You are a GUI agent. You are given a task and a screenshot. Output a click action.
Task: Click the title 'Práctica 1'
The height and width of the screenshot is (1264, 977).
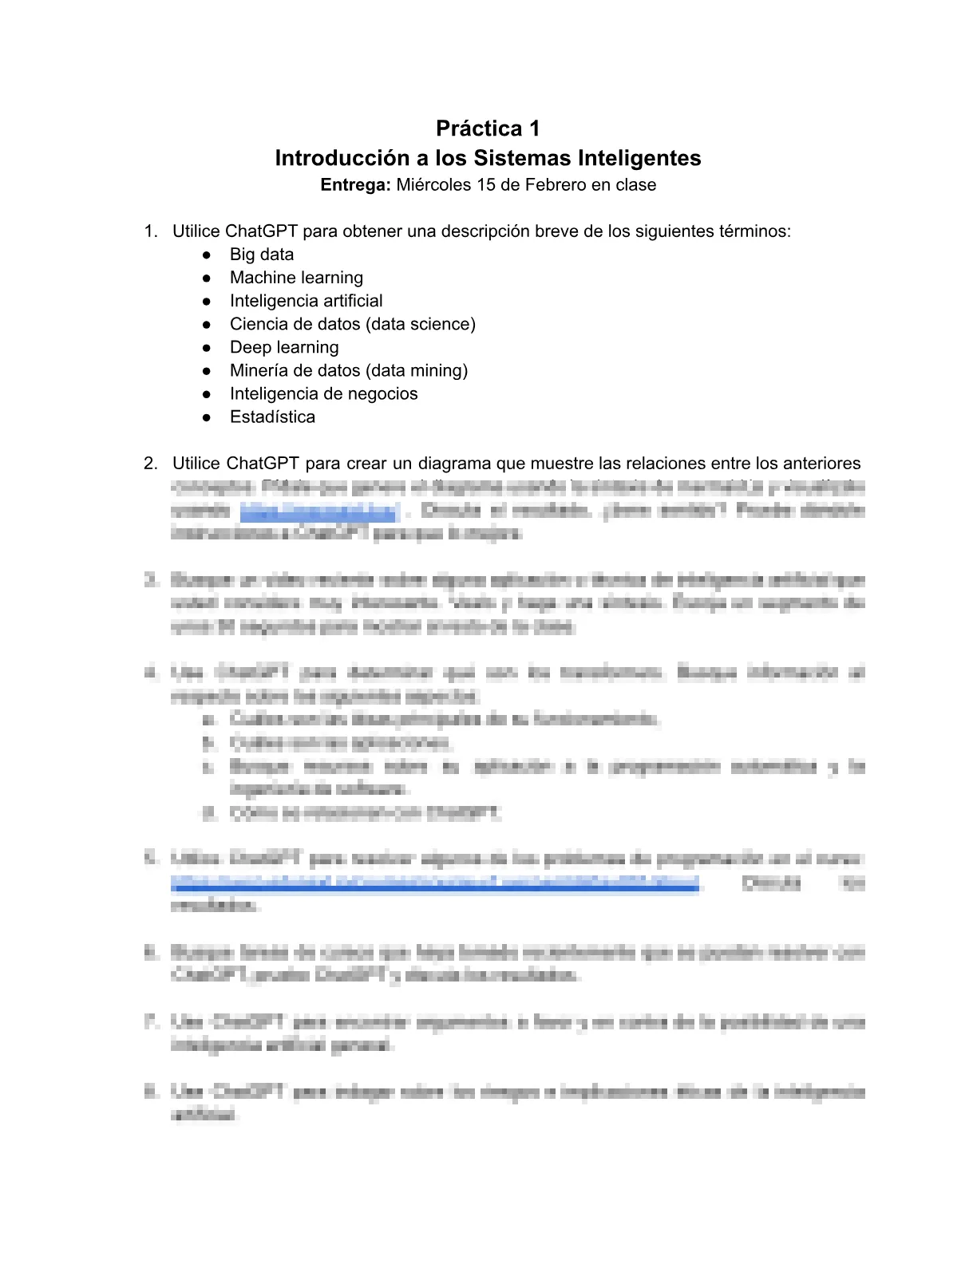pos(488,128)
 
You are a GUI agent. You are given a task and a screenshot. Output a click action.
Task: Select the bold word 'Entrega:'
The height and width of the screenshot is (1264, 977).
pos(355,185)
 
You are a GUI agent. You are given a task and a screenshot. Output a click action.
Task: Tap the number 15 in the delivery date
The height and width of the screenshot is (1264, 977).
pos(486,185)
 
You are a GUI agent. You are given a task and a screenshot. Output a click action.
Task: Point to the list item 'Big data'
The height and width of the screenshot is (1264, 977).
pos(262,255)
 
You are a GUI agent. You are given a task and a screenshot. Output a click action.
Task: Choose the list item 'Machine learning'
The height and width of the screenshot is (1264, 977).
pos(296,278)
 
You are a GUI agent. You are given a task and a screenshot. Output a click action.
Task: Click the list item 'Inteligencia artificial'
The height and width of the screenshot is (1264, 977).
pos(306,301)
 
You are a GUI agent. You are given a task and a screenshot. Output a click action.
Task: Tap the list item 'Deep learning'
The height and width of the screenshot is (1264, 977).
pos(284,347)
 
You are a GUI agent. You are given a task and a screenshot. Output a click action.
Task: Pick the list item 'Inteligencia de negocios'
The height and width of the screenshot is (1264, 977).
pos(323,393)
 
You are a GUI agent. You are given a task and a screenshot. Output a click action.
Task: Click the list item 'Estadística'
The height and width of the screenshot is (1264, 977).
pos(272,417)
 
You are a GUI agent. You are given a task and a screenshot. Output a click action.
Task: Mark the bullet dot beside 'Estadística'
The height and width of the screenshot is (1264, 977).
pos(207,417)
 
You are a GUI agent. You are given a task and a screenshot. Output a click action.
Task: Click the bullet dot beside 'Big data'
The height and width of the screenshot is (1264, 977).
pos(207,255)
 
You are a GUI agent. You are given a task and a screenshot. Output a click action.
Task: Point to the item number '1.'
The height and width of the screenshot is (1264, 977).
pos(150,231)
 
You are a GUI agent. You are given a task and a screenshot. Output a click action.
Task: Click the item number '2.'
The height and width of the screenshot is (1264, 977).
pos(150,464)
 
